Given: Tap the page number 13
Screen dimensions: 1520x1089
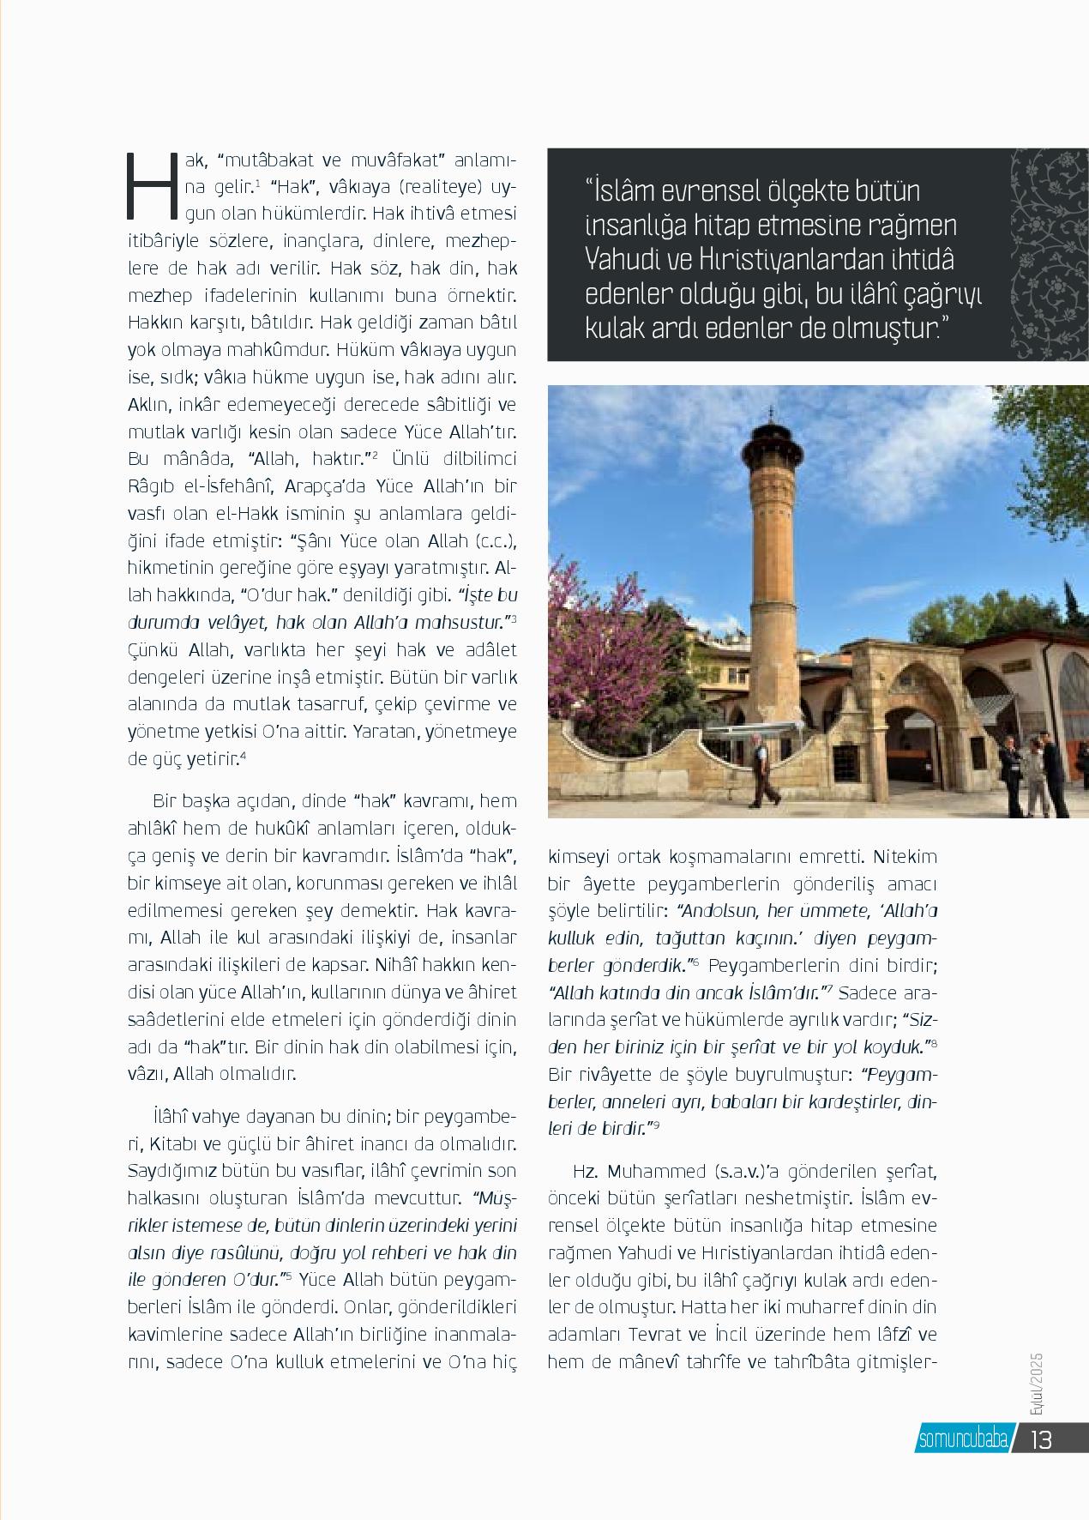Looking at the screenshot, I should [1041, 1439].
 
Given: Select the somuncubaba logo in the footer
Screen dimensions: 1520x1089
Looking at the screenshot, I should [960, 1439].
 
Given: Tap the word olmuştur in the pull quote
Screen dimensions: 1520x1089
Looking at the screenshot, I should [874, 329].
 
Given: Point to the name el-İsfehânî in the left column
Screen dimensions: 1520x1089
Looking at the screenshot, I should [219, 486].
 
